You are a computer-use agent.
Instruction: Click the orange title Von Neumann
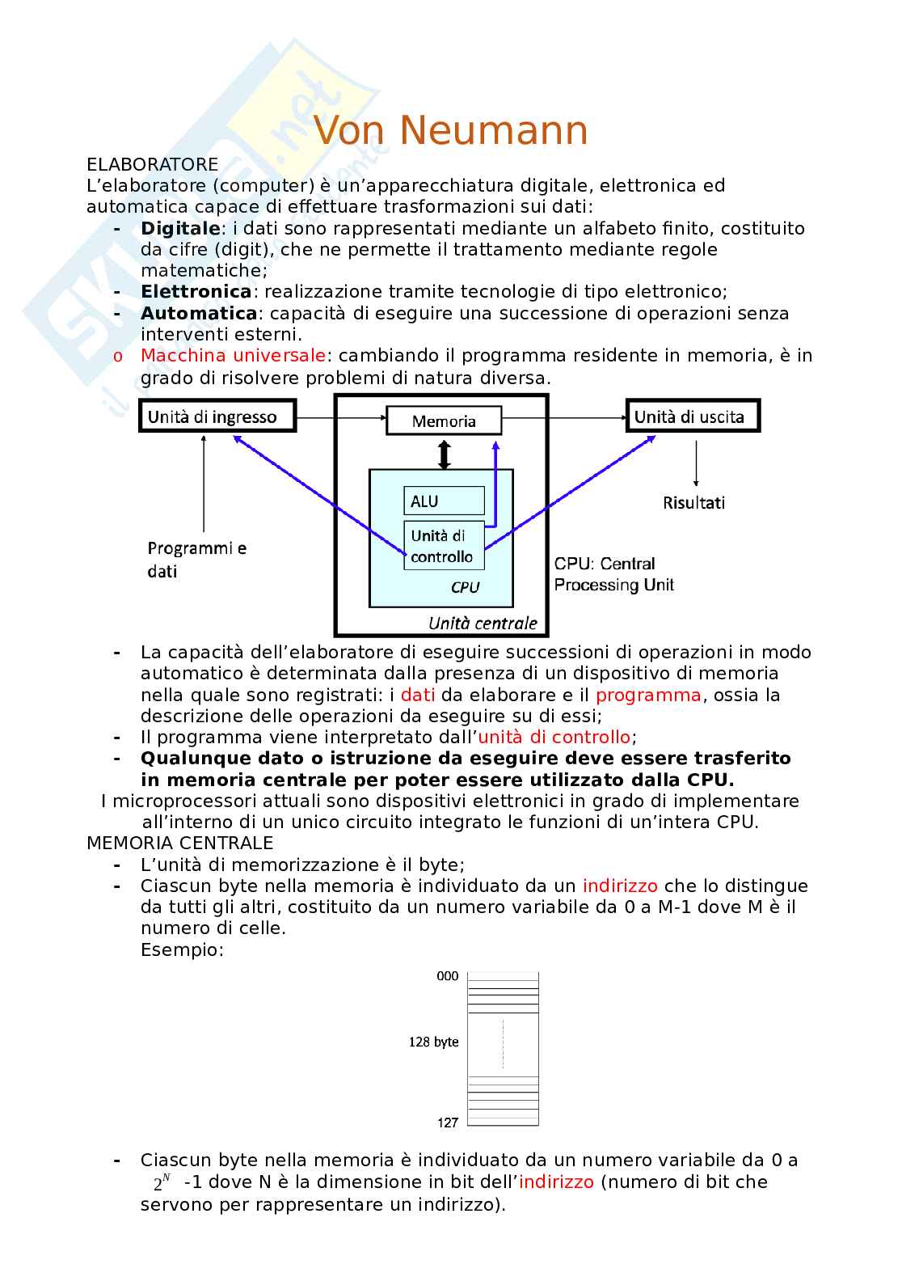pos(450,130)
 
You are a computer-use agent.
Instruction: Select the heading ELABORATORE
pos(152,165)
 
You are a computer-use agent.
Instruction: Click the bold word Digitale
pos(180,229)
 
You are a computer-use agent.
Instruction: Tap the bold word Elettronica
pos(196,292)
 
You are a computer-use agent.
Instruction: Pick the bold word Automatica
pos(199,314)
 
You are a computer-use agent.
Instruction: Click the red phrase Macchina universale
pos(233,356)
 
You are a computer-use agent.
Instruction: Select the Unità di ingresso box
pos(217,417)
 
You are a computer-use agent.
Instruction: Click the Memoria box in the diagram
pos(444,421)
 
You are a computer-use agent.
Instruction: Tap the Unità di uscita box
pos(693,417)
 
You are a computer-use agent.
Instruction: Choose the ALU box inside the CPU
pos(443,501)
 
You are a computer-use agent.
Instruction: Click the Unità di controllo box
pos(443,546)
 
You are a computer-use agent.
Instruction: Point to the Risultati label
pos(693,503)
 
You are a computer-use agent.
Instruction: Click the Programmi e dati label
pos(196,560)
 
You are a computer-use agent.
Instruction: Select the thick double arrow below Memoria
pos(444,454)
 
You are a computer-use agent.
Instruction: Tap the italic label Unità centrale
pos(483,623)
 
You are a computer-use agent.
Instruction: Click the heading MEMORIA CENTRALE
pos(179,844)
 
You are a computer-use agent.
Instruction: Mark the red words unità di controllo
pos(554,738)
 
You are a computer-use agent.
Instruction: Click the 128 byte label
pos(433,1042)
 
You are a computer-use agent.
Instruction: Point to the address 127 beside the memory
pos(448,1122)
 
